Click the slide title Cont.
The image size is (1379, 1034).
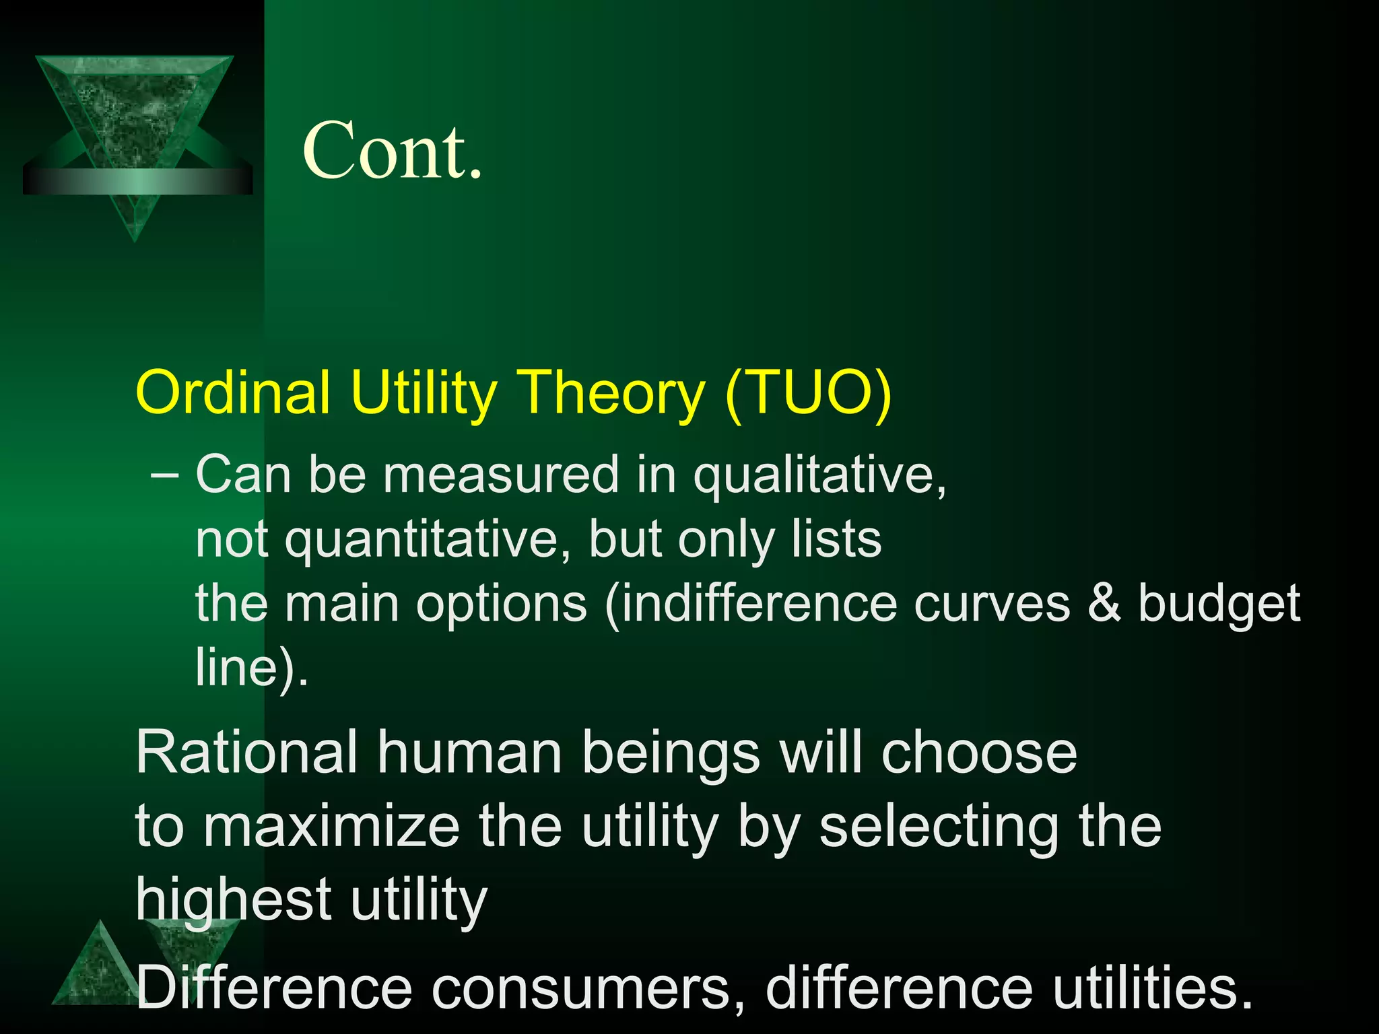(393, 150)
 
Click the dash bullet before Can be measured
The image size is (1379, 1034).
(165, 475)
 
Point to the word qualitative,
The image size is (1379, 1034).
(819, 475)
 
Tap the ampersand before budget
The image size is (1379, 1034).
(1104, 602)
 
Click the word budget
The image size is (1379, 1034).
(1219, 603)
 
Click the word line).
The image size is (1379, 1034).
(251, 666)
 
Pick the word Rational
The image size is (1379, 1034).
(246, 753)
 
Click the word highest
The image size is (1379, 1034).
(233, 899)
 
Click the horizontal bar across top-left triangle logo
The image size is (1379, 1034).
(137, 181)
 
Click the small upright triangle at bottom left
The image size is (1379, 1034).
(98, 969)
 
